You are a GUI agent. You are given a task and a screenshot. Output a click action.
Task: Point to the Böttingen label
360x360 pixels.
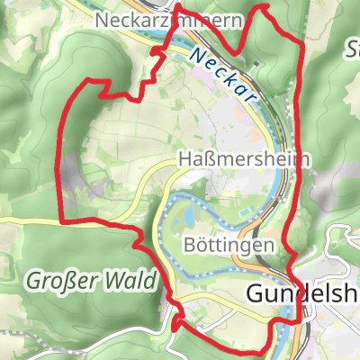pyautogui.click(x=228, y=244)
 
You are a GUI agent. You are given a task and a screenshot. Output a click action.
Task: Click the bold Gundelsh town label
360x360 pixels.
pyautogui.click(x=302, y=295)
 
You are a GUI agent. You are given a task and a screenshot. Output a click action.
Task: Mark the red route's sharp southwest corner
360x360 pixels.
pyautogui.click(x=60, y=220)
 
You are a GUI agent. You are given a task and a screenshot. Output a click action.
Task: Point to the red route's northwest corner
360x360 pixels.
pyautogui.click(x=87, y=82)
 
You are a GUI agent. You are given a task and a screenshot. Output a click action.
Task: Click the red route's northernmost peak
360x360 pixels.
pyautogui.click(x=263, y=5)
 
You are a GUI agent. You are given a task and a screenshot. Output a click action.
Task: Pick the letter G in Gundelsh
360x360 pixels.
pyautogui.click(x=255, y=295)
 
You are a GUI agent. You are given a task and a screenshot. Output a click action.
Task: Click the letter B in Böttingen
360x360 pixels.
pyautogui.click(x=188, y=244)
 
